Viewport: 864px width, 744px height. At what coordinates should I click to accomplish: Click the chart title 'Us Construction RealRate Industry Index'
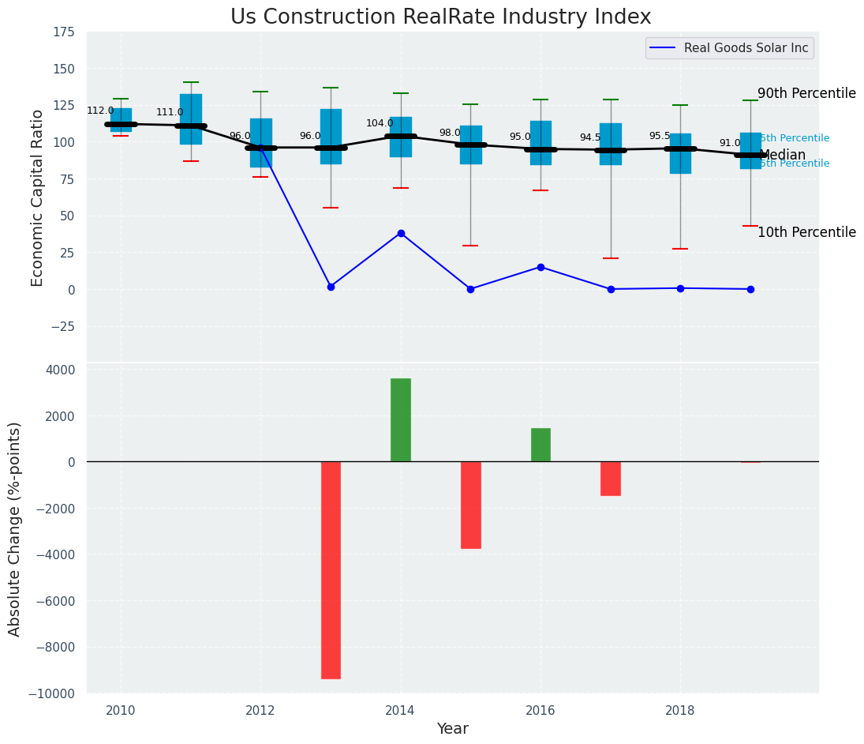click(440, 17)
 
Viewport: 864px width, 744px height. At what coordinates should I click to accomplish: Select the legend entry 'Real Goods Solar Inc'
click(746, 48)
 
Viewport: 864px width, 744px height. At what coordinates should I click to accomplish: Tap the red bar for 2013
click(331, 569)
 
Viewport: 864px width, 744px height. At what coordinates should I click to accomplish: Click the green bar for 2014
click(401, 419)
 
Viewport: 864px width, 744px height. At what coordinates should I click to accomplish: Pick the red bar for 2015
click(471, 505)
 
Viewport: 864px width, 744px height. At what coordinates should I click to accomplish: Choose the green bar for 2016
click(540, 445)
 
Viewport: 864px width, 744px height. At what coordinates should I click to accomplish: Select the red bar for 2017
click(611, 479)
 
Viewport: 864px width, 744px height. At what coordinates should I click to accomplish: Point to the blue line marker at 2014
click(401, 234)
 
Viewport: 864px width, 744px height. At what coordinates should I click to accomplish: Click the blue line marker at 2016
click(540, 267)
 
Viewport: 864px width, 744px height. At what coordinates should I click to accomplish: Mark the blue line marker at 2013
click(331, 287)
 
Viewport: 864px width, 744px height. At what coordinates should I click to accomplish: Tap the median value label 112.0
click(100, 111)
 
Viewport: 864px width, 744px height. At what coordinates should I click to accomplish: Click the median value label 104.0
click(380, 124)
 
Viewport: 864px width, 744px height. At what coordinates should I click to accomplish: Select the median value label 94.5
click(590, 138)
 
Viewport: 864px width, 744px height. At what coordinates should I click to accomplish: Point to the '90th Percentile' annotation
click(806, 93)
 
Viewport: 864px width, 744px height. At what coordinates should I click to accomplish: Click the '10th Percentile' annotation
click(806, 232)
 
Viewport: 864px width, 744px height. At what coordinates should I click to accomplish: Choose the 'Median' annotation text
click(782, 156)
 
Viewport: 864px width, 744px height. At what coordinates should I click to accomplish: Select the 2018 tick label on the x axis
click(680, 711)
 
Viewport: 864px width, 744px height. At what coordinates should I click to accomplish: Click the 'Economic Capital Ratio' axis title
click(38, 197)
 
